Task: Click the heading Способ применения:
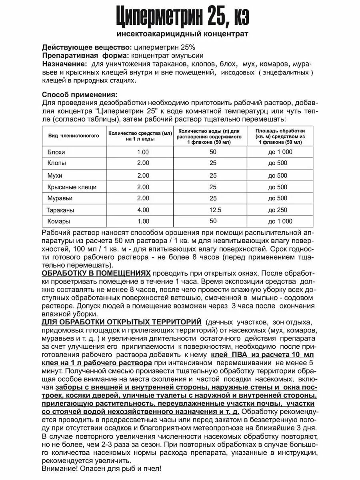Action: tap(80, 95)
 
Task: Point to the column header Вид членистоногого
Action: tap(74, 136)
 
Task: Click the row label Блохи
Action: tap(56, 152)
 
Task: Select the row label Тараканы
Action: tap(60, 210)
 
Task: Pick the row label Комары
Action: tap(58, 222)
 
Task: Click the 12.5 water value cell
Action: tap(213, 210)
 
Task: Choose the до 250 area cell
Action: tap(280, 210)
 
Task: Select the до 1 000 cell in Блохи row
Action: tap(280, 152)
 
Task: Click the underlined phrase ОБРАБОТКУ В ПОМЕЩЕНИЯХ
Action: tap(96, 273)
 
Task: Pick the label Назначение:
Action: tap(64, 64)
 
